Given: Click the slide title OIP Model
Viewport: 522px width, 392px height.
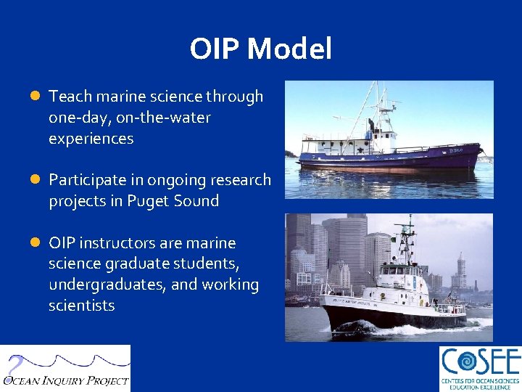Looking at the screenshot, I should tap(260, 49).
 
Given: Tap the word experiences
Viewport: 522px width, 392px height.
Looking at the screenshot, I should tap(91, 139).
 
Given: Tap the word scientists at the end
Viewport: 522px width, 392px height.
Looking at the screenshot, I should tap(81, 306).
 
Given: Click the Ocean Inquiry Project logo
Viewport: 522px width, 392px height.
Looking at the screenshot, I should tap(65, 369).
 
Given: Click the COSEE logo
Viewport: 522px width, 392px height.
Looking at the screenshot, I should tap(479, 369).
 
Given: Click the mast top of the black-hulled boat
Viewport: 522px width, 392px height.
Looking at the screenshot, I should tap(410, 219).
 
